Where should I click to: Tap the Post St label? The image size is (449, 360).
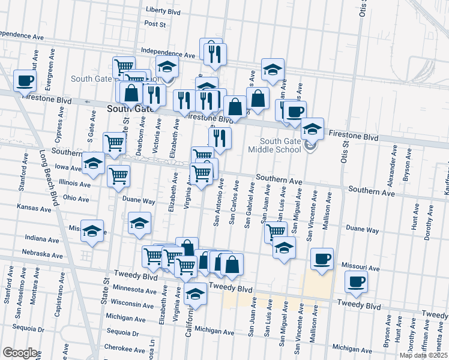pos(155,24)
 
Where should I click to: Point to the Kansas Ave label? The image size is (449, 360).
pos(34,208)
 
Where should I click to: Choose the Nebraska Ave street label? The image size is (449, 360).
pos(42,255)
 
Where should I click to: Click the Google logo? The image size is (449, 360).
pos(20,353)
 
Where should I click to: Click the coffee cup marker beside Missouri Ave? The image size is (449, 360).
pos(322,259)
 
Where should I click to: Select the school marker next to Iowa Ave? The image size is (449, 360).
pos(93,164)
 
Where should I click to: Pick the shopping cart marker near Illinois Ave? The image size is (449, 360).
pos(119,176)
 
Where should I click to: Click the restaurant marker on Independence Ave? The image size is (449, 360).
pos(213,55)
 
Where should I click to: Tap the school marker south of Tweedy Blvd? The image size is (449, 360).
pos(194,295)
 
